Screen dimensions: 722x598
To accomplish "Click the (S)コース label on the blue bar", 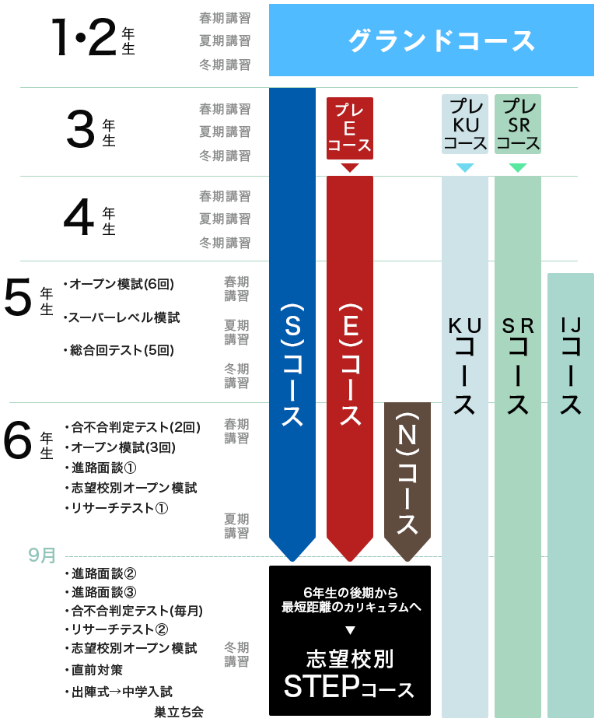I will click(292, 362).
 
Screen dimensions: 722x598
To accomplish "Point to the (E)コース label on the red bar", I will click(349, 362).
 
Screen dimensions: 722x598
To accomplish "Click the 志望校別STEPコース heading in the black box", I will click(349, 674).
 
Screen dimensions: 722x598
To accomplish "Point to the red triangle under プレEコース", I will click(349, 168).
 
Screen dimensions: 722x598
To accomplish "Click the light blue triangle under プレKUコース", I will click(465, 168).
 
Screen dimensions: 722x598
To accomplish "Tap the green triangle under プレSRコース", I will click(517, 168).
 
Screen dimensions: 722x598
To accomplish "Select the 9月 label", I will click(42, 556).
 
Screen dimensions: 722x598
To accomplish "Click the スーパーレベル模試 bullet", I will click(124, 318).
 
